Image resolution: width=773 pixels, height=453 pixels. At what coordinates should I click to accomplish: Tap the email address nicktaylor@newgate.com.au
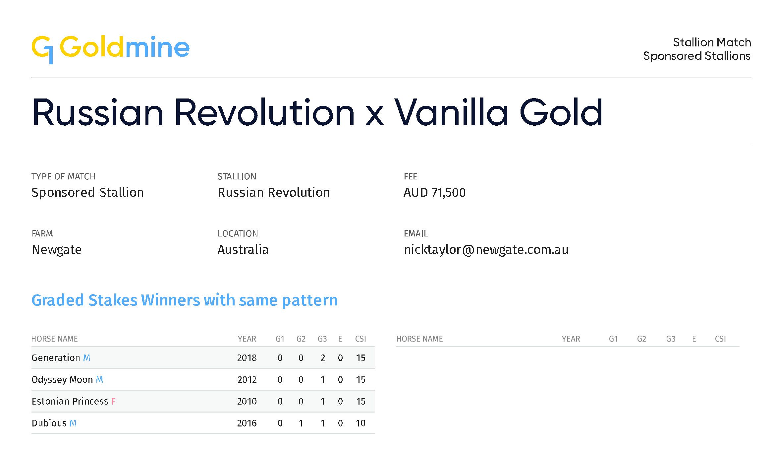pos(486,250)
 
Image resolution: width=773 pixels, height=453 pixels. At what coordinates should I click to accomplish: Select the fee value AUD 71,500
pos(434,193)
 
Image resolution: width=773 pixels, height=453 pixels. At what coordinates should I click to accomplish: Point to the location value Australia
pos(243,249)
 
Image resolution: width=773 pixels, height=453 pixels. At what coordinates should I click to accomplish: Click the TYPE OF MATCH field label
pos(63,176)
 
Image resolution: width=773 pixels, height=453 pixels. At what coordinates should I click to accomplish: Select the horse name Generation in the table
pos(56,358)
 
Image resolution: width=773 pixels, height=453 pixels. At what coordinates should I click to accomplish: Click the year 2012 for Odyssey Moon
pos(247,380)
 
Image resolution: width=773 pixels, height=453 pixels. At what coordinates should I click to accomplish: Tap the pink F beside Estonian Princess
pos(113,402)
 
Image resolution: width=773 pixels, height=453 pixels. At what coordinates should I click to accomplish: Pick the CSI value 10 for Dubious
pos(360,423)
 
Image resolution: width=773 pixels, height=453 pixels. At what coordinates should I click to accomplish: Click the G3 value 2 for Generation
pos(322,358)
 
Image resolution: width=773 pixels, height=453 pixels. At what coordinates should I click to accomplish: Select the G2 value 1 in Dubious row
pos(301,423)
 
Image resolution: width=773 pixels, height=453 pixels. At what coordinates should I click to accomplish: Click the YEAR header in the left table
pos(247,339)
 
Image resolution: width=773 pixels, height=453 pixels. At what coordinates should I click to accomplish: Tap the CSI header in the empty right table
pos(720,339)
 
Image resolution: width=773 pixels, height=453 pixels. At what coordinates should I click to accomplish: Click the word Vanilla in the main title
pos(451,112)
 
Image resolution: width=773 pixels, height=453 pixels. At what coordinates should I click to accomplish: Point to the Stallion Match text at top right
pos(712,42)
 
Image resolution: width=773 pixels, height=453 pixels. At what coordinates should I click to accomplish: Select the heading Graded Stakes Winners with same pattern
pos(185,300)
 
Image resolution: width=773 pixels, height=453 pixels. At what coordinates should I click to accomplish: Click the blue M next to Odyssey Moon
pos(99,380)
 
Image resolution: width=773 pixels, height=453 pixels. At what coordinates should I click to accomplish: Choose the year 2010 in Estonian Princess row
pos(247,402)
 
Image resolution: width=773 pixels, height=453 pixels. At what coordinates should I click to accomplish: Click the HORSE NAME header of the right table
pos(419,339)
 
